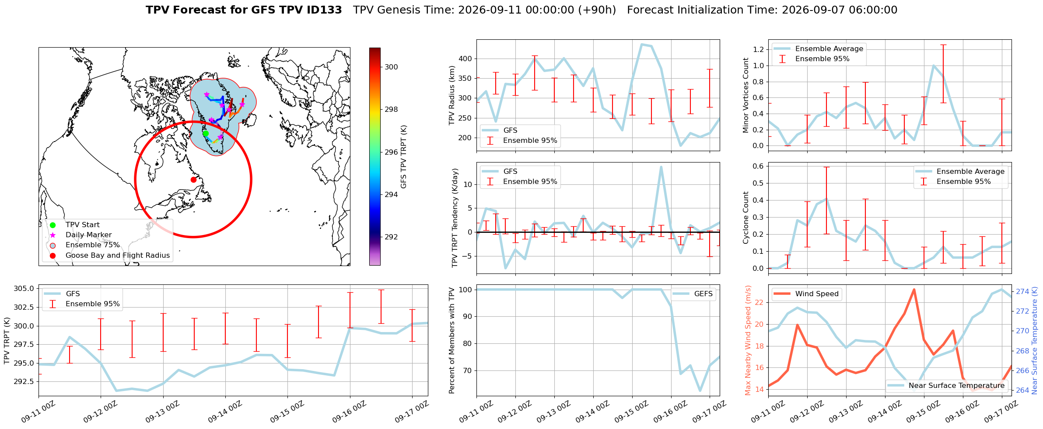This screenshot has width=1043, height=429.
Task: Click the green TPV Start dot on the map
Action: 206,133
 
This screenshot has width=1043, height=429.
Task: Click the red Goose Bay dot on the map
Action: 193,180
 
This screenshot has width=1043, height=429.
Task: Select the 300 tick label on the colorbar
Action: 392,67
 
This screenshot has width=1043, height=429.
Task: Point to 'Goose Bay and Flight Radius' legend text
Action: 118,255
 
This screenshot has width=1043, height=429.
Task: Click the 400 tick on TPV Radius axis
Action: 465,59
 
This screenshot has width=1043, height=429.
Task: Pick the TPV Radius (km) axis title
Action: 452,95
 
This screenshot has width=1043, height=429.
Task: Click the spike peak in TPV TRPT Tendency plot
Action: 661,166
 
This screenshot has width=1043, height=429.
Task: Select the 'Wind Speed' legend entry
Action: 807,294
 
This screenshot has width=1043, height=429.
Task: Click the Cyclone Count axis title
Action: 745,218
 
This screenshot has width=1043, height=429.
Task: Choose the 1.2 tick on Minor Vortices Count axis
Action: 759,49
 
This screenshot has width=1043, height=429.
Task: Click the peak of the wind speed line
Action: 914,289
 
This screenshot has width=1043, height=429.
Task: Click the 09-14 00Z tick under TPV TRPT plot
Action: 224,412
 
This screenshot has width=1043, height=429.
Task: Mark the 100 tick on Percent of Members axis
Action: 465,290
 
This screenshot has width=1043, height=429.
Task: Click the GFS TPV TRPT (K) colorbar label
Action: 403,156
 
